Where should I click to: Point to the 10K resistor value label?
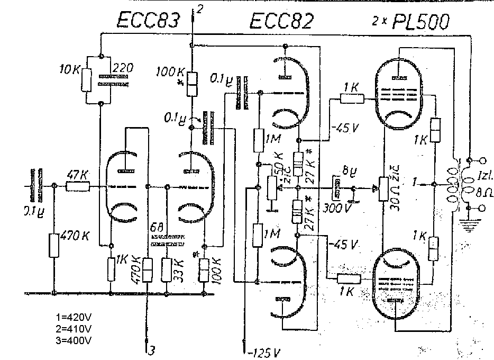coord(69,68)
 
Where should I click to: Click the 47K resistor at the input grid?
coord(77,186)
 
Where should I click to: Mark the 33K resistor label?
coord(179,269)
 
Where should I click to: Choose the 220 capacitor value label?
coord(123,68)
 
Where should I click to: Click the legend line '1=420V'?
coord(72,317)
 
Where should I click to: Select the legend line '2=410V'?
coord(72,328)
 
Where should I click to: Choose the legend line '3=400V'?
coord(72,338)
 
